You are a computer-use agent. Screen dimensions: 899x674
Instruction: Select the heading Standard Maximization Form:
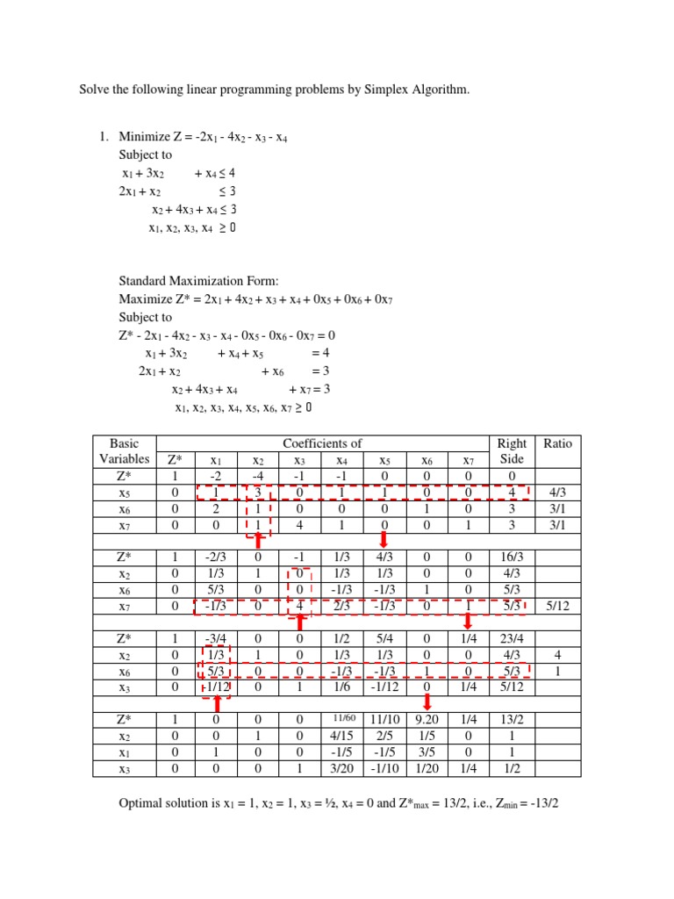199,281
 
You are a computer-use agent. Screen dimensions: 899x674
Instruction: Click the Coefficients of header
322,443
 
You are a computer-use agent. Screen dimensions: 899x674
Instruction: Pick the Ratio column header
557,443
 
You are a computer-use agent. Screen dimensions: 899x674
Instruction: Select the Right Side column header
511,451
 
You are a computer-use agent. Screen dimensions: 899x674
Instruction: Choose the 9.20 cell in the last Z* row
427,719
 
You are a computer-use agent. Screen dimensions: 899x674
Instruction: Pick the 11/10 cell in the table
384,719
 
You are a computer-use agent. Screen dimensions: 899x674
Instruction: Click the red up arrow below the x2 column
259,541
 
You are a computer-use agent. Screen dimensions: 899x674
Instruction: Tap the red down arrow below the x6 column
427,701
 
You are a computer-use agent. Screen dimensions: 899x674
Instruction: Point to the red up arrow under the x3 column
301,622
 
